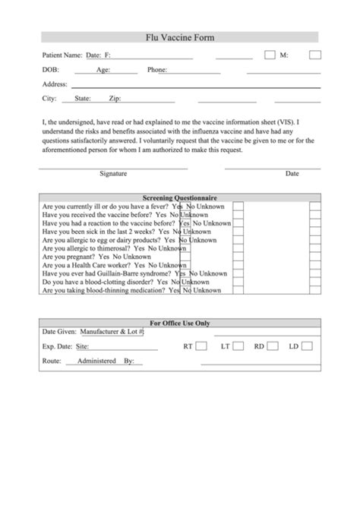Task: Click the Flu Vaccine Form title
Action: (179, 36)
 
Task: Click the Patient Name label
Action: (62, 55)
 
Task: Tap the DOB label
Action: (49, 70)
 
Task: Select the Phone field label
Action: (157, 70)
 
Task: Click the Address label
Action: (55, 84)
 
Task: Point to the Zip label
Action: (115, 99)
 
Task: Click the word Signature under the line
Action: (113, 173)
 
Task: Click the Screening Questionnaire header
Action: (180, 197)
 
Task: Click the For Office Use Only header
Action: (180, 323)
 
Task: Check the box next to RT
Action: (201, 346)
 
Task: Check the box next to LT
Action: (238, 346)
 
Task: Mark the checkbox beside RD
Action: (272, 346)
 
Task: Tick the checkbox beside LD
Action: (307, 346)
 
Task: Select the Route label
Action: (51, 361)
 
